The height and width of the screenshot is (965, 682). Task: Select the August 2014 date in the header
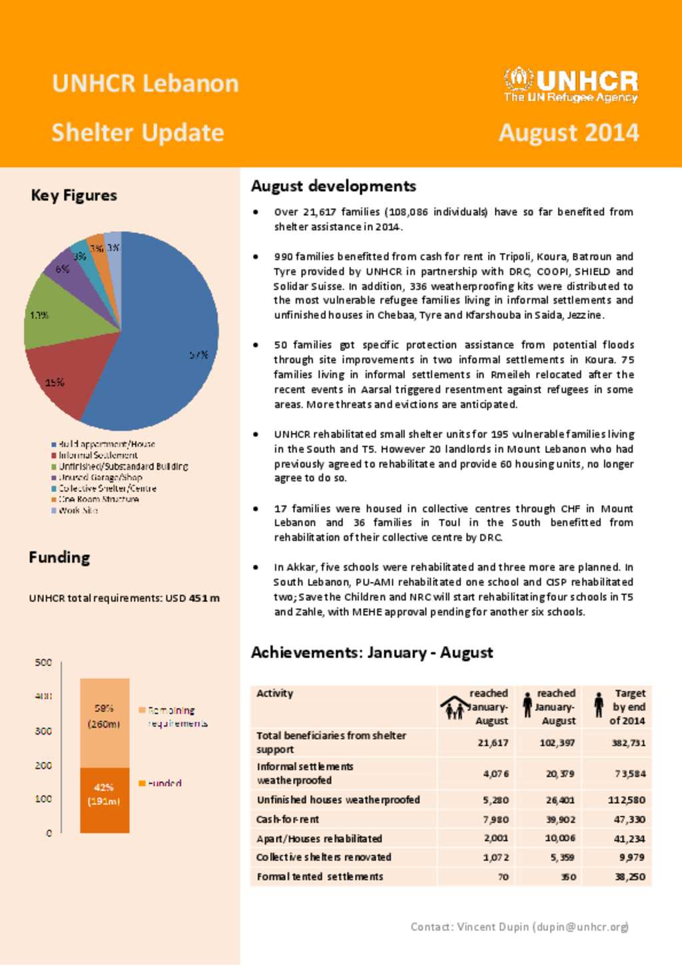[569, 133]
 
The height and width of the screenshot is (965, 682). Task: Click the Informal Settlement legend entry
[98, 456]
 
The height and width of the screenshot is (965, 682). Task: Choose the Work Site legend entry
[78, 510]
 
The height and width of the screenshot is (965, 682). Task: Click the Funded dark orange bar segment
[105, 799]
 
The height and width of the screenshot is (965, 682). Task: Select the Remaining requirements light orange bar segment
[105, 723]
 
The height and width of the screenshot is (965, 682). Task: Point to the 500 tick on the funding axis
[43, 663]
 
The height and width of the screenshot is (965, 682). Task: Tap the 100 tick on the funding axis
[43, 799]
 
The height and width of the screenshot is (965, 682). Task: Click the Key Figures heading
[74, 195]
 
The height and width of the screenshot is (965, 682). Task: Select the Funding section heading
[59, 557]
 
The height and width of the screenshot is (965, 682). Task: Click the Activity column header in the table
[274, 693]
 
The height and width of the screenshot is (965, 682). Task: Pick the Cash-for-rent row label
[288, 819]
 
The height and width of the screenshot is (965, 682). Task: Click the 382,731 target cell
[629, 743]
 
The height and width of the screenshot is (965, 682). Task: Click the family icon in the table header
[455, 707]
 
